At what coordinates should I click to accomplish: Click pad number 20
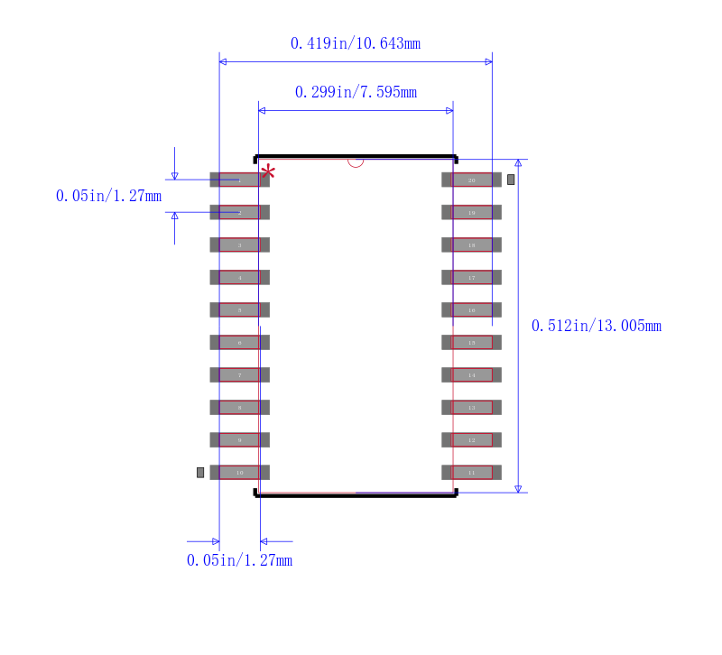[471, 180]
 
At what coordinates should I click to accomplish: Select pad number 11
[471, 472]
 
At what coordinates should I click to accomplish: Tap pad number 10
[239, 472]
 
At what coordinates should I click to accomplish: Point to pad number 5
[239, 309]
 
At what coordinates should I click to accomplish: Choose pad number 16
[471, 309]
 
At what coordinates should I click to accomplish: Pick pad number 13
[471, 407]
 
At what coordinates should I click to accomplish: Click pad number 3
[239, 244]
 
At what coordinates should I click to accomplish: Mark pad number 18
[471, 244]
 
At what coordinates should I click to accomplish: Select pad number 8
[239, 407]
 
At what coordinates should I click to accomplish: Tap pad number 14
[471, 374]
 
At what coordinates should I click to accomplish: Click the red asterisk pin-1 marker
[268, 171]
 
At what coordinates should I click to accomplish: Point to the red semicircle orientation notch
[356, 162]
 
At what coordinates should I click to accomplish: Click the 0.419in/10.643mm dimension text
[355, 43]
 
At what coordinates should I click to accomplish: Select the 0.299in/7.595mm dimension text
[355, 92]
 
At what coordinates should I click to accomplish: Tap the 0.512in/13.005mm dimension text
[596, 326]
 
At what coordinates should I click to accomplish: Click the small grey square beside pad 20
[511, 180]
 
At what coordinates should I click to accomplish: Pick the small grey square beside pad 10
[200, 472]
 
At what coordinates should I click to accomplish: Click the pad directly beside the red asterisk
[239, 180]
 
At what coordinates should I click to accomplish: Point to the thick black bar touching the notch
[356, 156]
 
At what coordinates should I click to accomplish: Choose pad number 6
[239, 342]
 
